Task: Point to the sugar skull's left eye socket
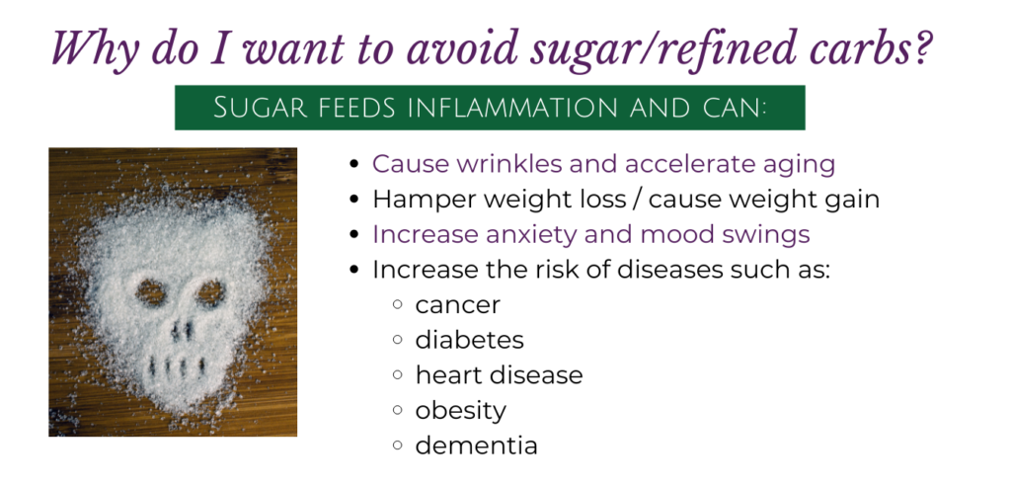pos(152,292)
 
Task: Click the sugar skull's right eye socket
pos(210,292)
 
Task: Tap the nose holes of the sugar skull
pos(182,330)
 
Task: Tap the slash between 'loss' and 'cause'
pos(637,200)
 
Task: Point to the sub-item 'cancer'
pos(457,305)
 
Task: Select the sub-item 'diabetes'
pos(469,339)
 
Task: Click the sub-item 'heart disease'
pos(499,374)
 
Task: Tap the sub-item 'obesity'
pos(460,411)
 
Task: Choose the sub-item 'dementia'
pos(476,446)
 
